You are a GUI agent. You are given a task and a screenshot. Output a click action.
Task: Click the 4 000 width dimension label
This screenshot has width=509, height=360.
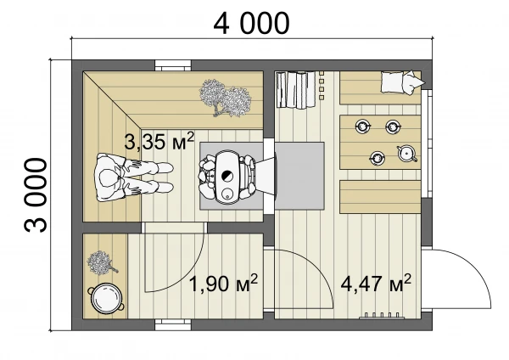click(x=251, y=24)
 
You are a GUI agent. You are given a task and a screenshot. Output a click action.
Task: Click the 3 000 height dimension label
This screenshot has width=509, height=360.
click(x=36, y=195)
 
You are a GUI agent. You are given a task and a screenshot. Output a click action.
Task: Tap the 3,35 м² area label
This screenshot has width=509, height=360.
click(x=159, y=141)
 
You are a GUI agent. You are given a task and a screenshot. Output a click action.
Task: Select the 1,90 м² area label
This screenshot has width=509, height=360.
click(x=223, y=284)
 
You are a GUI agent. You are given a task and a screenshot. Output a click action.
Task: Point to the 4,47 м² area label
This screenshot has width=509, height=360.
click(x=376, y=284)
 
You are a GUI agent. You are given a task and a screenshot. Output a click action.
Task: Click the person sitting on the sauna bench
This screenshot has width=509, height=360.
click(x=133, y=177)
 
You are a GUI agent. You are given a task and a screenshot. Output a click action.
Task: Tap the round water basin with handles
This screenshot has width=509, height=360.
click(x=106, y=299)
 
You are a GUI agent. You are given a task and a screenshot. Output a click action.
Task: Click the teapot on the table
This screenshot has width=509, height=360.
click(x=406, y=154)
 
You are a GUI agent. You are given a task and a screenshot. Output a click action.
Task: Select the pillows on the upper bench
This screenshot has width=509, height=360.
click(x=402, y=82)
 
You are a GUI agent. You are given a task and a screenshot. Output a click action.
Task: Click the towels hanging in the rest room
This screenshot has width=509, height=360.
click(x=295, y=90)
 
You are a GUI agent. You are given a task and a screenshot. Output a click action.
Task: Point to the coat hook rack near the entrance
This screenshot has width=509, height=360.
click(x=382, y=316)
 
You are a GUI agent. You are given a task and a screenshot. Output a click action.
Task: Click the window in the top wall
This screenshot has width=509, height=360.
click(x=172, y=65)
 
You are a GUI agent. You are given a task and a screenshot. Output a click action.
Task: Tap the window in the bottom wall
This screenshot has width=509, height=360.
click(x=172, y=324)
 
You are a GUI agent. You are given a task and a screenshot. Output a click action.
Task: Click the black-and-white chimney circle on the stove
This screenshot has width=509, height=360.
click(x=227, y=177)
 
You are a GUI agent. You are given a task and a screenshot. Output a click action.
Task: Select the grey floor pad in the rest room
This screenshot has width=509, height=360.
click(x=299, y=176)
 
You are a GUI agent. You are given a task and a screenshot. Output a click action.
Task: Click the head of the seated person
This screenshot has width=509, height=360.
click(x=108, y=178)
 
